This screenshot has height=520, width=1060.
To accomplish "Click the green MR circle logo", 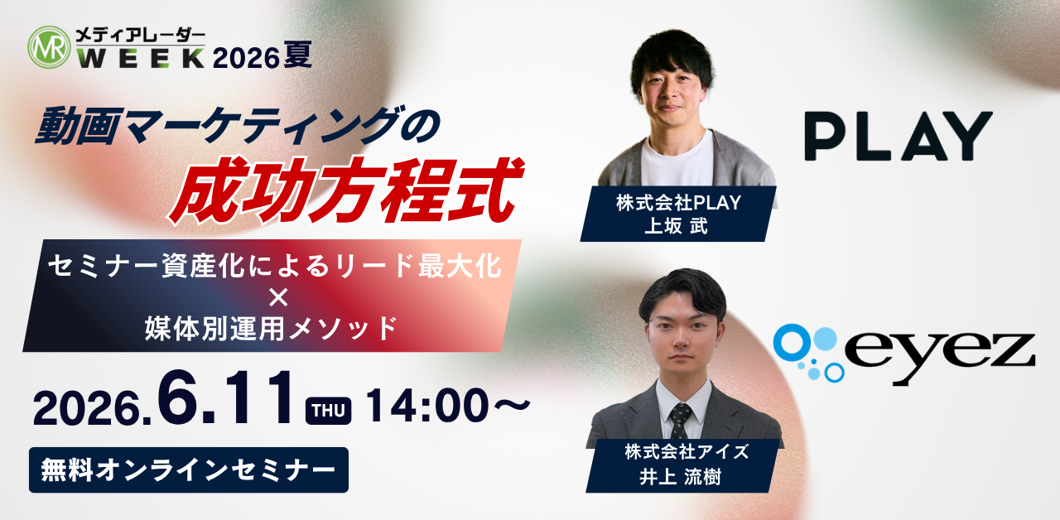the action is (x=49, y=47).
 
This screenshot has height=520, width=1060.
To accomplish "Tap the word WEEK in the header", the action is (x=141, y=58).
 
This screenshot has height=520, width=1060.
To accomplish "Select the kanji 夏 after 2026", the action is (x=297, y=55).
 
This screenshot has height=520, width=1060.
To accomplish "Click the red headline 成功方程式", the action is (x=346, y=190).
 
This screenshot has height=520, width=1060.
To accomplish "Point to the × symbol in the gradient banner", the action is (x=278, y=297).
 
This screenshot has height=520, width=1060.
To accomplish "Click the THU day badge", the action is (x=329, y=411).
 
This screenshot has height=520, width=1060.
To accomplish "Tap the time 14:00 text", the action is (x=427, y=406).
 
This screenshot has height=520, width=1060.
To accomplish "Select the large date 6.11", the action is (x=225, y=398).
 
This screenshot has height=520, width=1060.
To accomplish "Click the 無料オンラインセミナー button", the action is (x=189, y=469).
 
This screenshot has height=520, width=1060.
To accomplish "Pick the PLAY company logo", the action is (x=899, y=137).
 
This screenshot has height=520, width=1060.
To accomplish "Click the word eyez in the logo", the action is (x=938, y=357).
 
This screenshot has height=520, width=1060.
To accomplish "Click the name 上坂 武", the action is (x=677, y=226).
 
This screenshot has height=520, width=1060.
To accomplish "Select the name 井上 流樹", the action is (x=681, y=477).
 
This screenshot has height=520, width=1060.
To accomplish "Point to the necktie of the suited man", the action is (x=680, y=421).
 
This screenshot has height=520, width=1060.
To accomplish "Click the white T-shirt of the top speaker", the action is (x=677, y=160).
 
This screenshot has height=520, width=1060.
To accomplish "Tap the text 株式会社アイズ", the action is (x=687, y=452).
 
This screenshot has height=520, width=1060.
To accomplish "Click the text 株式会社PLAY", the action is (x=678, y=203).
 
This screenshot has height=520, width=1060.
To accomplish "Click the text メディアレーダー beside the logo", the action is (x=141, y=36).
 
